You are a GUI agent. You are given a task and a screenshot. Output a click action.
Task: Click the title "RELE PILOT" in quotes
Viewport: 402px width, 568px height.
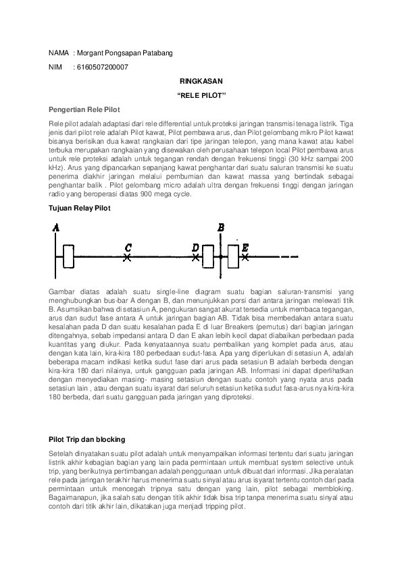click(201, 95)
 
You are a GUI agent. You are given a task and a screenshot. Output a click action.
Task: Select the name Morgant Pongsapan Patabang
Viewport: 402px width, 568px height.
click(121, 53)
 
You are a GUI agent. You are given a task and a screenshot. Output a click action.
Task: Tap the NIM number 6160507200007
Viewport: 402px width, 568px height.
click(103, 67)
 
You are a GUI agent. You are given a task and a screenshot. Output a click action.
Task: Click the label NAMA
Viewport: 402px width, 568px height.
click(59, 53)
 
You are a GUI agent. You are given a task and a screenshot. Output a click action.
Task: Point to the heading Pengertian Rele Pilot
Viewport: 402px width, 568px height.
click(84, 109)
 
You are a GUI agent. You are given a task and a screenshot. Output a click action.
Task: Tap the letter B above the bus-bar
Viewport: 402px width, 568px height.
click(220, 227)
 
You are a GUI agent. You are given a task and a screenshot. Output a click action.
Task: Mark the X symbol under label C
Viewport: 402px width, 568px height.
click(128, 257)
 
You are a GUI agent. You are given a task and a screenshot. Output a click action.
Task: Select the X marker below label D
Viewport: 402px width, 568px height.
click(195, 257)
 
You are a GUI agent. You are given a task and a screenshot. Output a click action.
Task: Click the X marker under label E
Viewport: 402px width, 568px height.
click(245, 257)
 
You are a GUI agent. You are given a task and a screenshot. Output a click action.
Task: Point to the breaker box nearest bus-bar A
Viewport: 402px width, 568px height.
click(68, 257)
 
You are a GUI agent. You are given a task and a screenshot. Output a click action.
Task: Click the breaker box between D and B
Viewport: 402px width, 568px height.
click(207, 257)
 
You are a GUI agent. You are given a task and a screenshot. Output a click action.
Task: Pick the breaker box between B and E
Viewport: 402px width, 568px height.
click(233, 257)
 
